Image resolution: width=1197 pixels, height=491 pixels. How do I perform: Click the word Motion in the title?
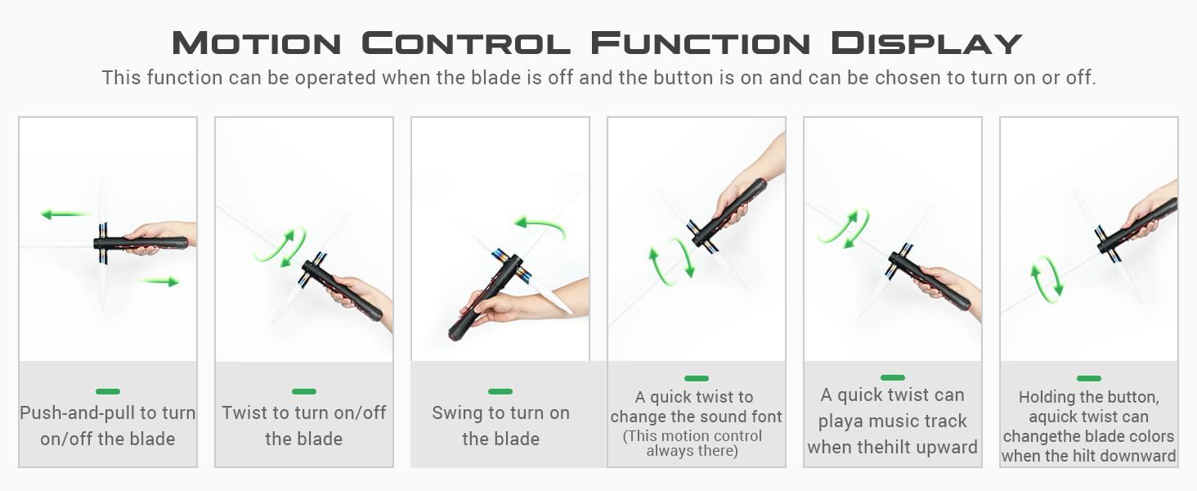[x=257, y=43]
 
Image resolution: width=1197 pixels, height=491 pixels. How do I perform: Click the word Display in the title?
[x=926, y=43]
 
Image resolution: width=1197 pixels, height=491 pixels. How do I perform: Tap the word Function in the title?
[x=701, y=43]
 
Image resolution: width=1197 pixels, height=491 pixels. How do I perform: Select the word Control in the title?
[x=466, y=43]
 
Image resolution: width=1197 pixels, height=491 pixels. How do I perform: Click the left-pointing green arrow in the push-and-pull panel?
[x=63, y=214]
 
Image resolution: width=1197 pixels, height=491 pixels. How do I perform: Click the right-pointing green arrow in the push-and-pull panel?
[x=159, y=281]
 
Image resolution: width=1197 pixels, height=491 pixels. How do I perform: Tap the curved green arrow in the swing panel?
[x=540, y=227]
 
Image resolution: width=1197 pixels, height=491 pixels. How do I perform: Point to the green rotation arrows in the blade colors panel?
[x=1047, y=279]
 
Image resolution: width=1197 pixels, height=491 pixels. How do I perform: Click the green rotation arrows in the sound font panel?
[x=671, y=262]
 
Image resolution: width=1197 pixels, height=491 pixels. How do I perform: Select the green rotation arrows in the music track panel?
[x=843, y=228]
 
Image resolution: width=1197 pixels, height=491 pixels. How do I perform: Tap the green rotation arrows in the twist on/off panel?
[x=280, y=247]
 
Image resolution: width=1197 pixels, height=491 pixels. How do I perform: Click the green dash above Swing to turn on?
[x=500, y=391]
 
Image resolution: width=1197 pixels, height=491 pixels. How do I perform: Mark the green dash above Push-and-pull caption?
[x=108, y=391]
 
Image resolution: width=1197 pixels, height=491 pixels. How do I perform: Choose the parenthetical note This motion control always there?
[x=693, y=443]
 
